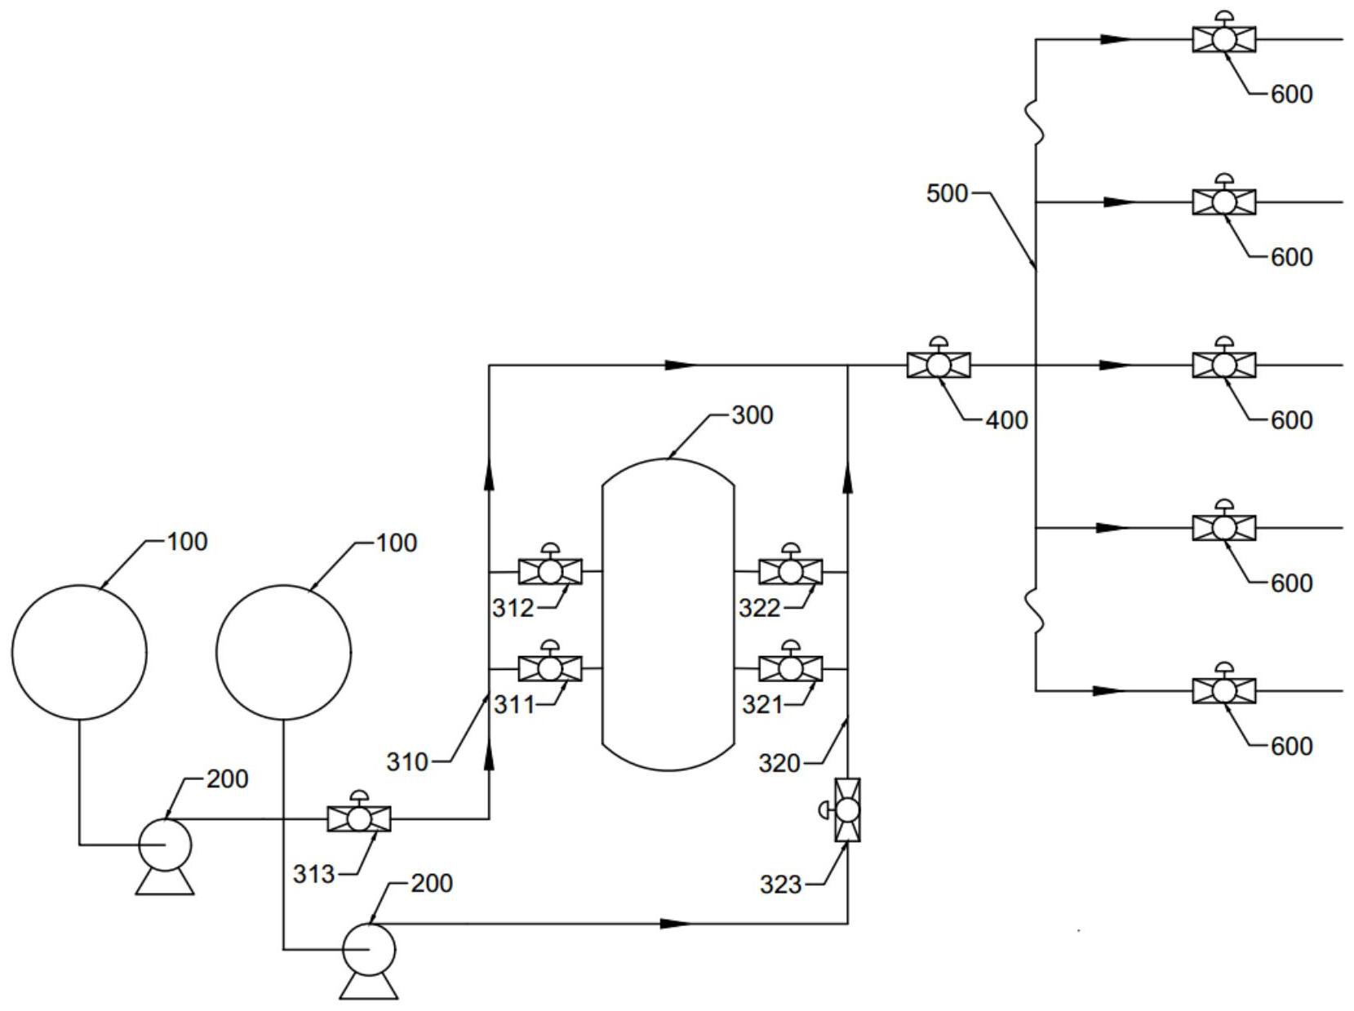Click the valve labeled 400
(x=939, y=360)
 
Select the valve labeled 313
(x=359, y=814)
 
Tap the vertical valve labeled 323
(x=843, y=810)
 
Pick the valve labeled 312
(x=549, y=567)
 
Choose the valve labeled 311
(x=549, y=663)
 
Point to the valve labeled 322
(x=790, y=567)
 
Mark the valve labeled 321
(x=790, y=663)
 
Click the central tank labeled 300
(x=668, y=614)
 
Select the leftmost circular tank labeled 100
(x=79, y=652)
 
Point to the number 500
(x=947, y=193)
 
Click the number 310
(x=407, y=763)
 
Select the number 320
(x=779, y=764)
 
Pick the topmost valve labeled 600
(x=1224, y=34)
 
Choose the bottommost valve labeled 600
(x=1224, y=686)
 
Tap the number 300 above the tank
(x=752, y=415)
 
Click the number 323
(x=780, y=885)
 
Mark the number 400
(x=1006, y=420)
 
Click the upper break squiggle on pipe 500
(x=1036, y=122)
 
